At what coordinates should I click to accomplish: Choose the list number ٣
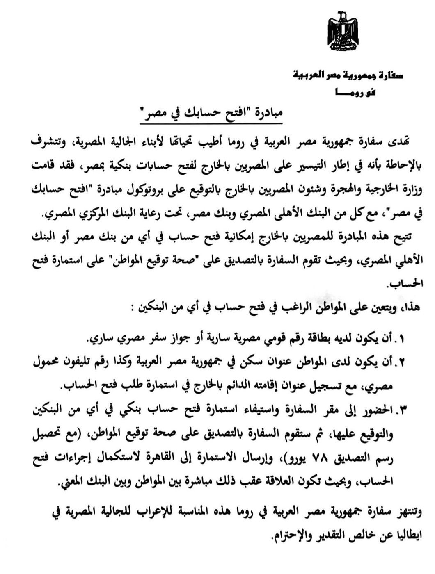(x=401, y=409)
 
